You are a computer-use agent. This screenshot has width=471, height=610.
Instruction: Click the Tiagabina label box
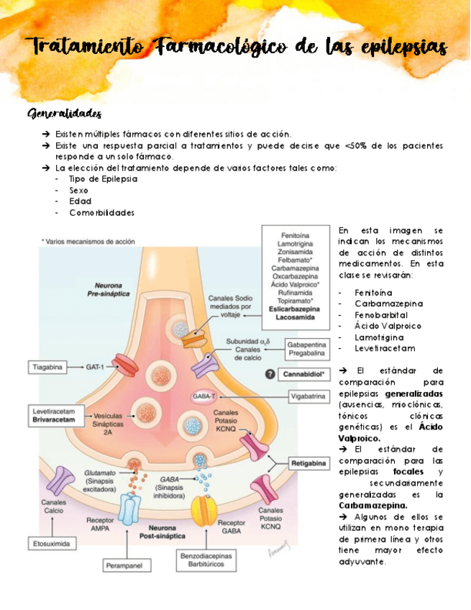point(47,367)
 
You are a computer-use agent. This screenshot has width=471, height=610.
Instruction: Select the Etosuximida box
point(51,544)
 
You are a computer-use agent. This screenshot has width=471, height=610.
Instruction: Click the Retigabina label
point(308,464)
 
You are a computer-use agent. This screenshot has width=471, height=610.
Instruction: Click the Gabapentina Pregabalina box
point(306,349)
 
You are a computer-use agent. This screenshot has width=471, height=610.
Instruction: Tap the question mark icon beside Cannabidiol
point(270,374)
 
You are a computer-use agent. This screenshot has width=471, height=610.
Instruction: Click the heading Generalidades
point(64,114)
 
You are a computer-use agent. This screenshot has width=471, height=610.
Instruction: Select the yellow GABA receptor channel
point(202,510)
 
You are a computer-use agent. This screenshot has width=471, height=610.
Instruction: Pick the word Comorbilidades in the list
point(101,213)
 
